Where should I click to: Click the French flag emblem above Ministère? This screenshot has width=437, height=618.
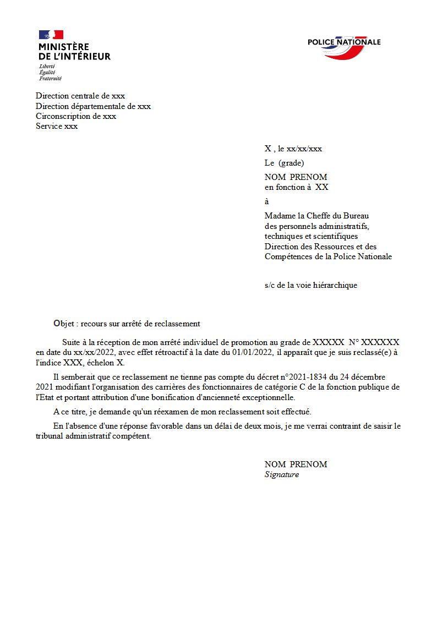coord(51,35)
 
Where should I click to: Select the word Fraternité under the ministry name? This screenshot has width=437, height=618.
coord(50,78)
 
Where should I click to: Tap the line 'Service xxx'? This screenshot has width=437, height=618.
coord(57,126)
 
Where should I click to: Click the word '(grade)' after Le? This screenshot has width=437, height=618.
coord(291,163)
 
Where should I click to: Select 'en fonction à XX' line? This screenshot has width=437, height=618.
coord(296,187)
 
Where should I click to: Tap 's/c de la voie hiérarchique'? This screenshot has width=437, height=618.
coord(310,285)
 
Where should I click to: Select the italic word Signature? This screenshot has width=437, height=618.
coord(281,474)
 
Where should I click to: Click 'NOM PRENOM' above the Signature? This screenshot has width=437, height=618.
coord(296,464)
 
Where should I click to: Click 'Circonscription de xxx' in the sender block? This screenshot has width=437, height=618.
coord(76,116)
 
